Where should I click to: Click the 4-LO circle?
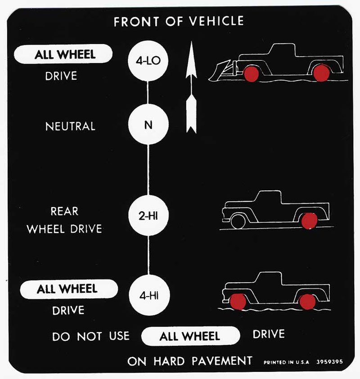click(148, 61)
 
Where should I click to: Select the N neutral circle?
click(148, 125)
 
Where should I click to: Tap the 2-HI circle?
click(148, 216)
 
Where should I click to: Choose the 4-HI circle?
click(149, 295)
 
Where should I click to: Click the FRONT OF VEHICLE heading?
click(179, 21)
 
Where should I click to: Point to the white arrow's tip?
click(191, 41)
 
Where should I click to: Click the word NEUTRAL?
click(70, 126)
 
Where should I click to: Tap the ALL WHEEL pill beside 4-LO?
click(63, 54)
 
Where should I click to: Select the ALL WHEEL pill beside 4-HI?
click(69, 289)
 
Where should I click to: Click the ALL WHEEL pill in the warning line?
click(191, 336)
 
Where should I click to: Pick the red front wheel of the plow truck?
click(251, 74)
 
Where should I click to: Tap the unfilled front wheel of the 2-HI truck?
click(238, 221)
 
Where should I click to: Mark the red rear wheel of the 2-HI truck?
click(309, 221)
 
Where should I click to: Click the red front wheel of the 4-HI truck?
click(238, 302)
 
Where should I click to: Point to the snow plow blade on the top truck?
click(220, 71)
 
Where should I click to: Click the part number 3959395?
click(329, 362)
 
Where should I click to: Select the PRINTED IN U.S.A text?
click(286, 362)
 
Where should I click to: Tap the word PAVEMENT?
click(222, 361)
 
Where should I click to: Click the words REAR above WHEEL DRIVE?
click(64, 211)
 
